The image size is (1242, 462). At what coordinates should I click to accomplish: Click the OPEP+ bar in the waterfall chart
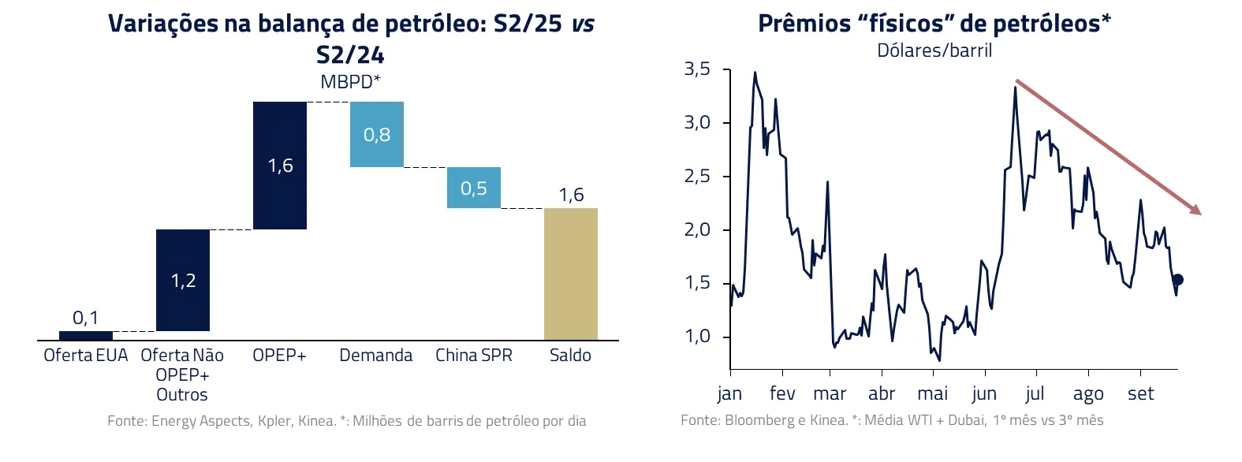(280, 166)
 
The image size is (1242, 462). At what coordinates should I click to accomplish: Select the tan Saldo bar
(570, 274)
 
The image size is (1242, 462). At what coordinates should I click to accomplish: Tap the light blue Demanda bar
(377, 135)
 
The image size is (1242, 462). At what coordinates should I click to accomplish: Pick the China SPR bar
(474, 188)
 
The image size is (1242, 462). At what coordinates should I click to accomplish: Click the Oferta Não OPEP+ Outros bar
(183, 280)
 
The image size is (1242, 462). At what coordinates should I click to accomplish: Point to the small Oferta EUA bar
(86, 336)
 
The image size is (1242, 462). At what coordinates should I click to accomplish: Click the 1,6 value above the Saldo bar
(571, 195)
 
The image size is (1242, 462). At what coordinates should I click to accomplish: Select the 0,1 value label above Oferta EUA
(85, 318)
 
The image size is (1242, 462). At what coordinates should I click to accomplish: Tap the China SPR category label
(474, 356)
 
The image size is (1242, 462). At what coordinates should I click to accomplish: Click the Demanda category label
(376, 356)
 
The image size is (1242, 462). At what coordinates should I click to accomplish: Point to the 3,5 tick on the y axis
(697, 69)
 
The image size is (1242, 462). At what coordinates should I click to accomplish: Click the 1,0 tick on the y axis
(697, 337)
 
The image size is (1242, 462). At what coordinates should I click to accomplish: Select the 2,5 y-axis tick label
(697, 177)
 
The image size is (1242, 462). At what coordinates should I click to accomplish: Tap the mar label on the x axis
(830, 393)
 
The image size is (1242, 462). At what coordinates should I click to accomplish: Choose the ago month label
(1088, 393)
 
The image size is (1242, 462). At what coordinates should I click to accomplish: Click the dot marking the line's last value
(1178, 280)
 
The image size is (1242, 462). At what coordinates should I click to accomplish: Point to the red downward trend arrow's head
(1197, 211)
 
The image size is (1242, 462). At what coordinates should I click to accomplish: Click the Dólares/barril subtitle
(934, 50)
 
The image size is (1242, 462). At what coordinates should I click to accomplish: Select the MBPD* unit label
(350, 82)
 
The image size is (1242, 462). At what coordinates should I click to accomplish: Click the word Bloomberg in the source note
(758, 420)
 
